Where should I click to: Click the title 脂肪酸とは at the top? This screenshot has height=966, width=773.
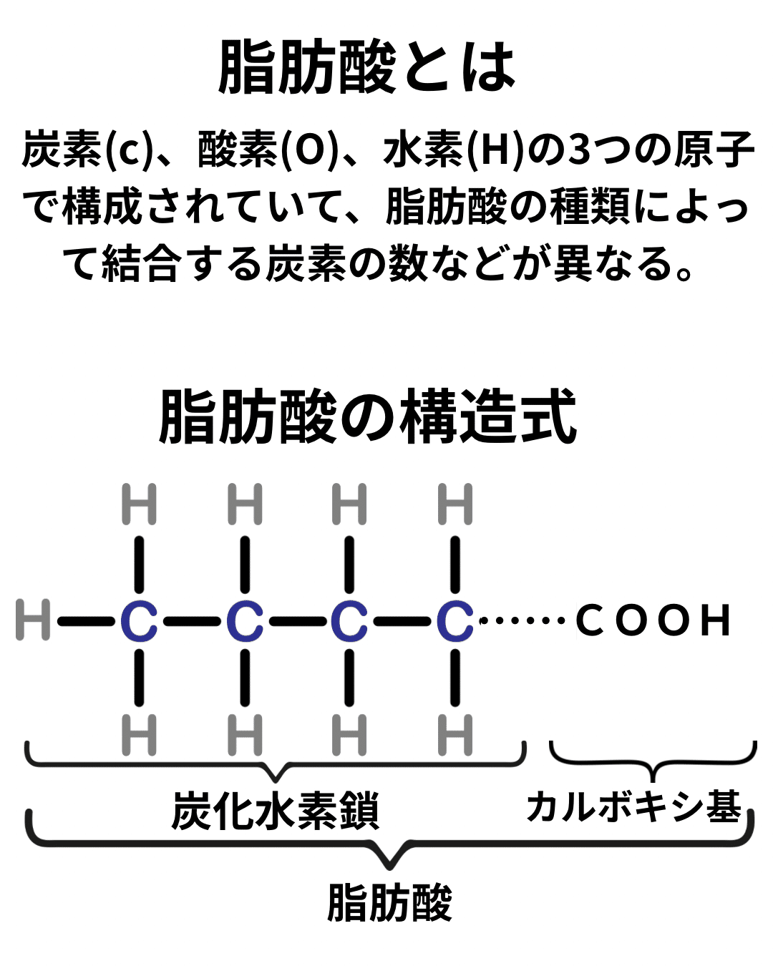tap(366, 67)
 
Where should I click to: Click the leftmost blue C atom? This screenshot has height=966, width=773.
tap(139, 620)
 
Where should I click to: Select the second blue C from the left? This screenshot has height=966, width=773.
tap(245, 620)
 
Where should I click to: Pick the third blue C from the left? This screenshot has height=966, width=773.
tap(349, 620)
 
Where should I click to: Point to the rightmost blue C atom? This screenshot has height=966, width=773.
tap(455, 620)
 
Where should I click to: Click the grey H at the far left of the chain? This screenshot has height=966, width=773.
tap(33, 620)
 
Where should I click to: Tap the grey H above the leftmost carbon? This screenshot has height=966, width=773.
tap(139, 504)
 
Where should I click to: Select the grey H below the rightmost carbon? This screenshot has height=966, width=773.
tap(455, 735)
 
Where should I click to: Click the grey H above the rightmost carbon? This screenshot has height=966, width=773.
tap(455, 504)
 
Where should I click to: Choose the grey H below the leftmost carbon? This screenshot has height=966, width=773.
tap(139, 735)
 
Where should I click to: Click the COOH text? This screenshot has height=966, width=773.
tap(653, 620)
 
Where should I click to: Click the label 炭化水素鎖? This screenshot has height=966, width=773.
tap(275, 810)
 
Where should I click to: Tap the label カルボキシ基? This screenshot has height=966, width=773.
tap(634, 807)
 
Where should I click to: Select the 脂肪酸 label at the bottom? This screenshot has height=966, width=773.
tap(389, 903)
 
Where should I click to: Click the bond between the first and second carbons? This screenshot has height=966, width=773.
tap(192, 620)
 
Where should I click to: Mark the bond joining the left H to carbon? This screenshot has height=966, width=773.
tap(86, 620)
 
